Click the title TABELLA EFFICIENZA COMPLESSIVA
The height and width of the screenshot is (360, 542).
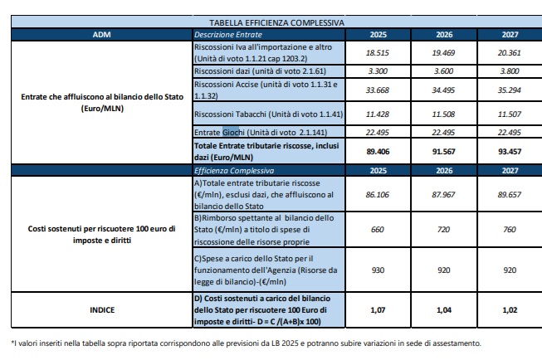[276, 22]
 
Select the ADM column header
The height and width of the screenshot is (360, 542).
[101, 35]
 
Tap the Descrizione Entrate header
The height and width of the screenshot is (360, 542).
[228, 35]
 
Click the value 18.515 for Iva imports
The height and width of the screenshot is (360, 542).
[378, 53]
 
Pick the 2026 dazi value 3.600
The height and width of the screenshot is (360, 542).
[443, 71]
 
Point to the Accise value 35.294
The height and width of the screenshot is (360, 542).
[510, 90]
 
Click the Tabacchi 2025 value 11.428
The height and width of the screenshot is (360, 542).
[378, 114]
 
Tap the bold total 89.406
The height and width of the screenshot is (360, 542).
[378, 152]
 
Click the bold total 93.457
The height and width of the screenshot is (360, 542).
[510, 152]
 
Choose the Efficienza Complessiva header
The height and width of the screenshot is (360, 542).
[234, 171]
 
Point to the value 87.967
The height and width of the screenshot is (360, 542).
[443, 195]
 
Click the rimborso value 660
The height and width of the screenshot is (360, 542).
[378, 230]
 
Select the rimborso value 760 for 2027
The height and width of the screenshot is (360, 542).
[510, 230]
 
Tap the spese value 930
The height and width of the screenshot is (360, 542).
[378, 270]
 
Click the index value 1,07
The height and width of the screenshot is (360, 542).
[378, 310]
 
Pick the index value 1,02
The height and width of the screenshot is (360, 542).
[510, 310]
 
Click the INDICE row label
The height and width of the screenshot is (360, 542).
[102, 310]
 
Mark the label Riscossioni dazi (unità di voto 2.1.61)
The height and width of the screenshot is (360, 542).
[261, 71]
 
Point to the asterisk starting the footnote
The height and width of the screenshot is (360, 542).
[12, 343]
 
